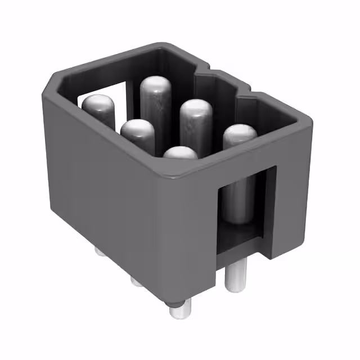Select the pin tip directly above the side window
[240, 134]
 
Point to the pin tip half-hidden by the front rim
[180, 153]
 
